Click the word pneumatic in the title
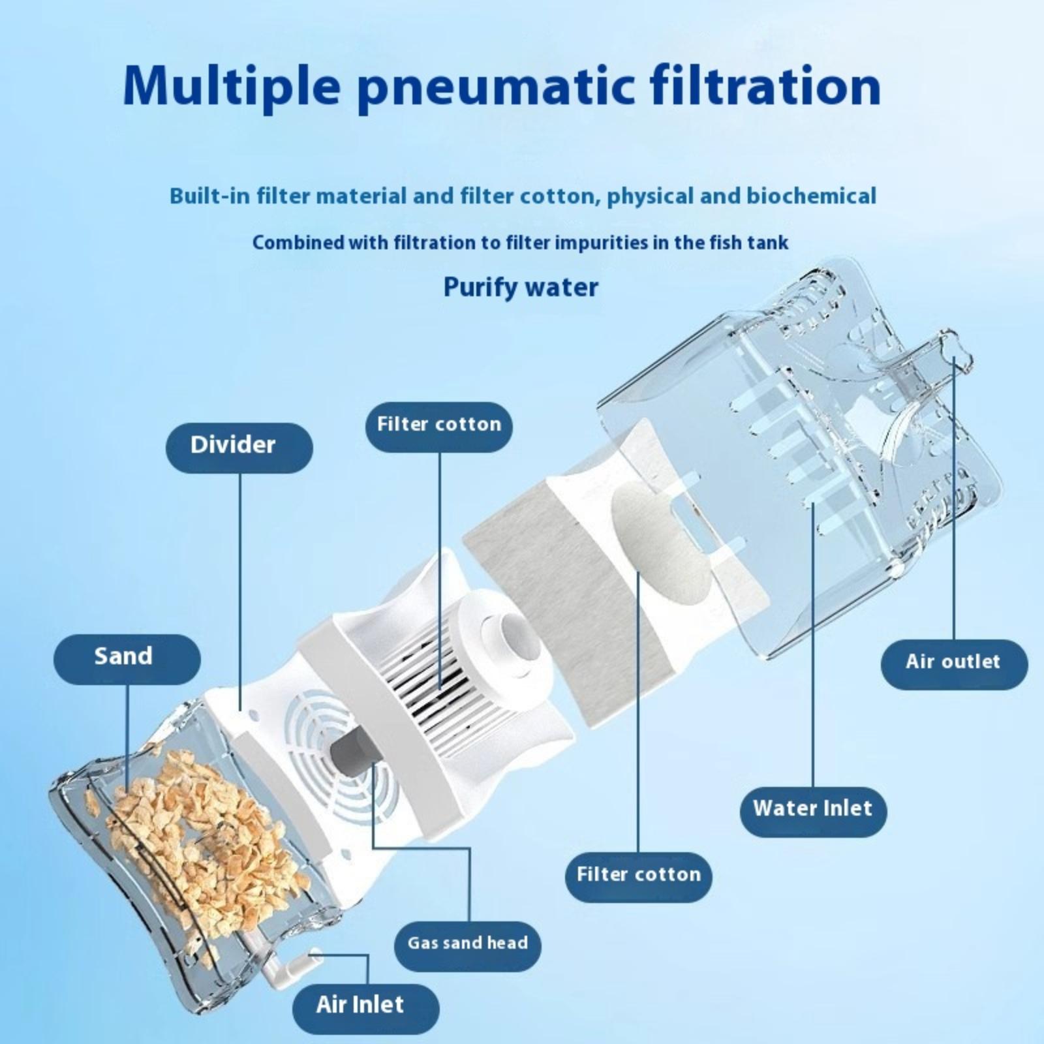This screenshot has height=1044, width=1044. click(497, 87)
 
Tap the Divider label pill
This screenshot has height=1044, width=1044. click(239, 447)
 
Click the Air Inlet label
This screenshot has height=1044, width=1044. click(365, 1004)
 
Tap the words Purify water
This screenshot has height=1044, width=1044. click(521, 288)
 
